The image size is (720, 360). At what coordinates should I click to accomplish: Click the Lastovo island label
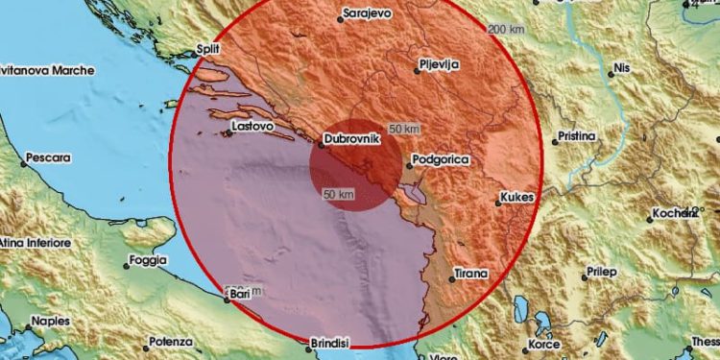(x=253, y=125)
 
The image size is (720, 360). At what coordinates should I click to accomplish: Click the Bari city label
(x=240, y=299)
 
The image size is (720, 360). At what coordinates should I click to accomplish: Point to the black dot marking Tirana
(x=451, y=279)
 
